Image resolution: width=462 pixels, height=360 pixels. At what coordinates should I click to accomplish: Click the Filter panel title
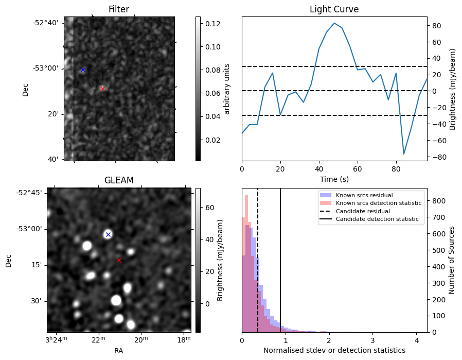point(119,9)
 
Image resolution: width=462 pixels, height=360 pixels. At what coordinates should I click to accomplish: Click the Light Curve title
point(334,9)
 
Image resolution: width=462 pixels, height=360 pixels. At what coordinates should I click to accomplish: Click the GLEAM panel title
point(119,180)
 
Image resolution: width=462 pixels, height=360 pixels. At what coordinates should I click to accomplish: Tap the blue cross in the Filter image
point(83,70)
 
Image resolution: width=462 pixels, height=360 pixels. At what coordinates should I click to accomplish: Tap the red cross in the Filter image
point(102,89)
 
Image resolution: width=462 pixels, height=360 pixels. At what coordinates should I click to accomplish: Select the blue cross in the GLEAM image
point(108,234)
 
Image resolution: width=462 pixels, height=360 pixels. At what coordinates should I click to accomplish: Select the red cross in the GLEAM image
point(119,260)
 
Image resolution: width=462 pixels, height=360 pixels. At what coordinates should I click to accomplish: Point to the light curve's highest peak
point(334,23)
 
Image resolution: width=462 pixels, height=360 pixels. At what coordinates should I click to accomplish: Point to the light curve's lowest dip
point(404,154)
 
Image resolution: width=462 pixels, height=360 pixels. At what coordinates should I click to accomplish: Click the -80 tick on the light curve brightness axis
point(436,157)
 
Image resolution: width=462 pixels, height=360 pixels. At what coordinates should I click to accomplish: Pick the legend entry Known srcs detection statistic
point(378,203)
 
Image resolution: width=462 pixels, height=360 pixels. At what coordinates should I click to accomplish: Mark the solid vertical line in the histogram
point(280,258)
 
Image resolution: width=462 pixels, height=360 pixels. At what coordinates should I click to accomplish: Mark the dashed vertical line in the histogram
point(258,258)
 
